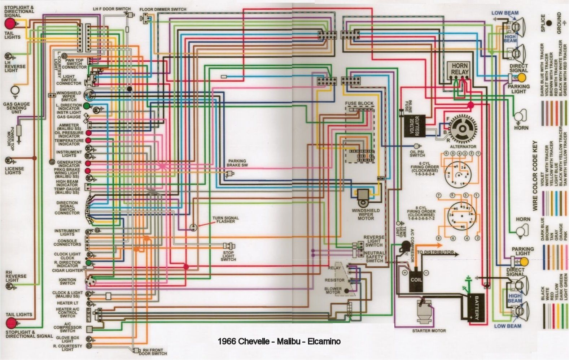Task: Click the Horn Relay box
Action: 459,69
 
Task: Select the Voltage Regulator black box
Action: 414,126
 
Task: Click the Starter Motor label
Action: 429,330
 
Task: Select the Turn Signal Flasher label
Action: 223,219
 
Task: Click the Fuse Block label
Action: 359,103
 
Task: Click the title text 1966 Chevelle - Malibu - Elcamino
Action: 279,341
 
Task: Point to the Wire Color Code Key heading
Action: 535,176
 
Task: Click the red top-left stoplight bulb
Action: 10,24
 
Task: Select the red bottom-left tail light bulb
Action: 10,323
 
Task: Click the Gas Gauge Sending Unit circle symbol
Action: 16,90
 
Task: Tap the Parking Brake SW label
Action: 237,163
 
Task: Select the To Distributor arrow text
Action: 435,252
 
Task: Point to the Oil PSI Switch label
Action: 417,153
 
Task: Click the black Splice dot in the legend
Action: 549,23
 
